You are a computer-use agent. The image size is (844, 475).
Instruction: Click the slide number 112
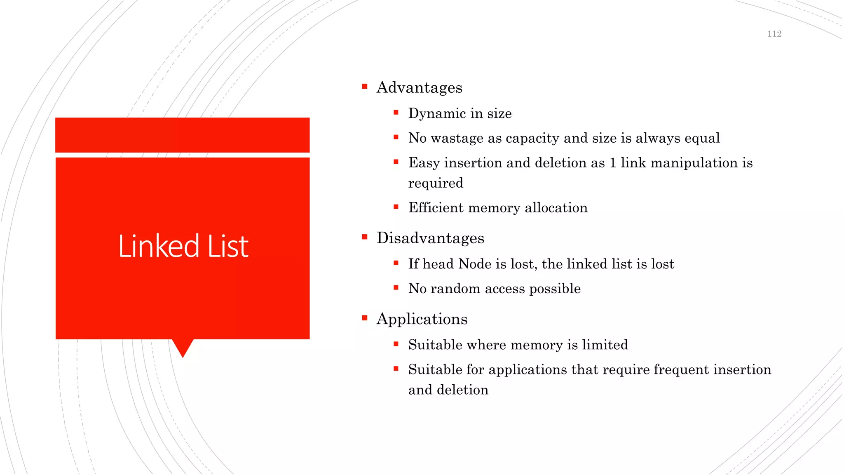[774, 34]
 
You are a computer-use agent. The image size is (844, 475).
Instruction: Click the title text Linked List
[183, 246]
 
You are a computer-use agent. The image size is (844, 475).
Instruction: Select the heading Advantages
[419, 87]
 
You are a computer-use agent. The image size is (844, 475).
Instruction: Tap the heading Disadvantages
[430, 238]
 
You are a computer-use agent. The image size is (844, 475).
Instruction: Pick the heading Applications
[422, 319]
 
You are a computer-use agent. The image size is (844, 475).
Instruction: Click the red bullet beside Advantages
[365, 87]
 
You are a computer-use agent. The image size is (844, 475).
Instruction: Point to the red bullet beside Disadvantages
[365, 237]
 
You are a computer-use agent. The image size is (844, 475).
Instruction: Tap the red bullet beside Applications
[365, 318]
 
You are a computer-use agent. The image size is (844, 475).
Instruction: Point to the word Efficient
[436, 207]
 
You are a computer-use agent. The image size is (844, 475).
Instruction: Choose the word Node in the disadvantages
[475, 264]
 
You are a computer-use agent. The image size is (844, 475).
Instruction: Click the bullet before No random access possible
[396, 288]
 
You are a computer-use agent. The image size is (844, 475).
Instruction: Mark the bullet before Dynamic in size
[396, 113]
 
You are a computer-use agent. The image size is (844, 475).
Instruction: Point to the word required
[436, 183]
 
